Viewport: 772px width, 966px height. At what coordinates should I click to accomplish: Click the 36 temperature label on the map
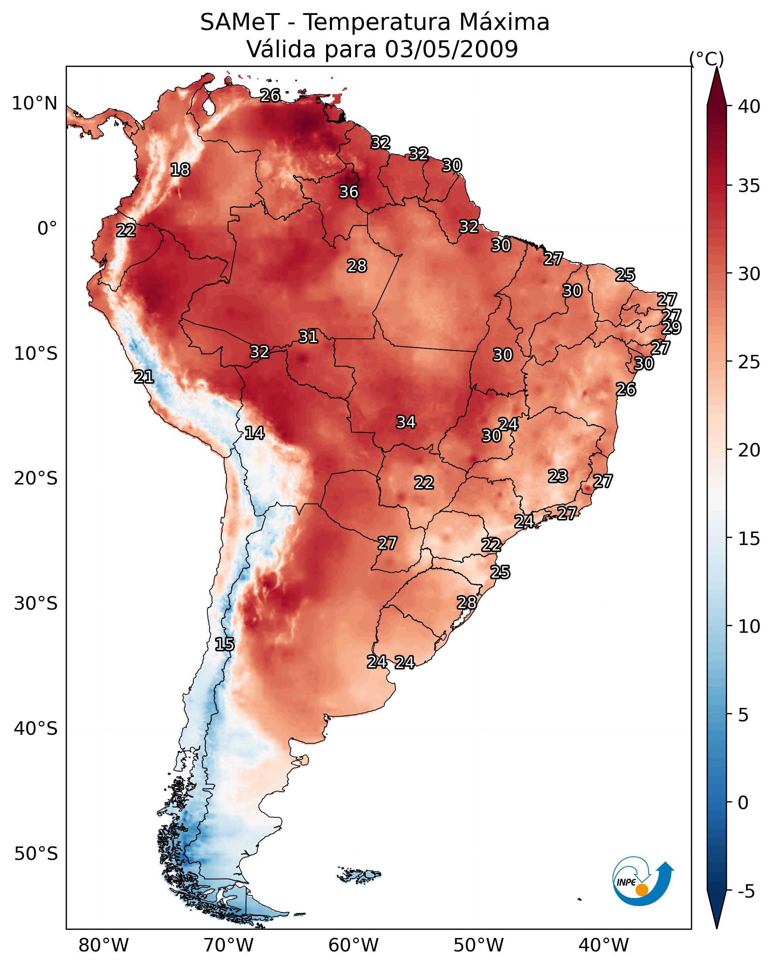tap(348, 192)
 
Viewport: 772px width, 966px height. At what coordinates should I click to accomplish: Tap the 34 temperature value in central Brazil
tap(406, 422)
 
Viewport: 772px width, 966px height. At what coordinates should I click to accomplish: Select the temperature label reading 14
tap(254, 433)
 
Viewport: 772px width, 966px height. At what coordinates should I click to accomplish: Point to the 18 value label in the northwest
tap(180, 170)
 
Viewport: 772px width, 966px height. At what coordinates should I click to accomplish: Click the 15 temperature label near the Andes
tap(224, 644)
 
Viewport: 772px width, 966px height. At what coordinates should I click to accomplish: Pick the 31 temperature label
tap(308, 337)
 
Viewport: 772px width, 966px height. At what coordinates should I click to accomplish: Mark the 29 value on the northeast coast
tap(671, 328)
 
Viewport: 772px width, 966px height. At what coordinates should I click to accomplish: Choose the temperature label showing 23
tap(558, 476)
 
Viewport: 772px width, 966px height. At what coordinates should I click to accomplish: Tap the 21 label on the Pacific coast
tap(144, 377)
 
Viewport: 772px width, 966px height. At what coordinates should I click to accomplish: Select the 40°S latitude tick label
tap(36, 728)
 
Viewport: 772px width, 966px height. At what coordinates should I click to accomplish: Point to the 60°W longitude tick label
tap(354, 945)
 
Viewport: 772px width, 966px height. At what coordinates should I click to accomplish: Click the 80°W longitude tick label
tap(103, 945)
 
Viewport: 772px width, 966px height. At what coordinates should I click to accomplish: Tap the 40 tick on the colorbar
tap(749, 106)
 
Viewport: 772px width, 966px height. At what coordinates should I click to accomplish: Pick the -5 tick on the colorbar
tap(747, 892)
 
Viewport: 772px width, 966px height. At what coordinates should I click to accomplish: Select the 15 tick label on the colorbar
tap(749, 539)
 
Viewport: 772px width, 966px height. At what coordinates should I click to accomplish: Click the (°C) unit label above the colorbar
tap(707, 59)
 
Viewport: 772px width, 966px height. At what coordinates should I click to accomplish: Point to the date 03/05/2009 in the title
tap(451, 49)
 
